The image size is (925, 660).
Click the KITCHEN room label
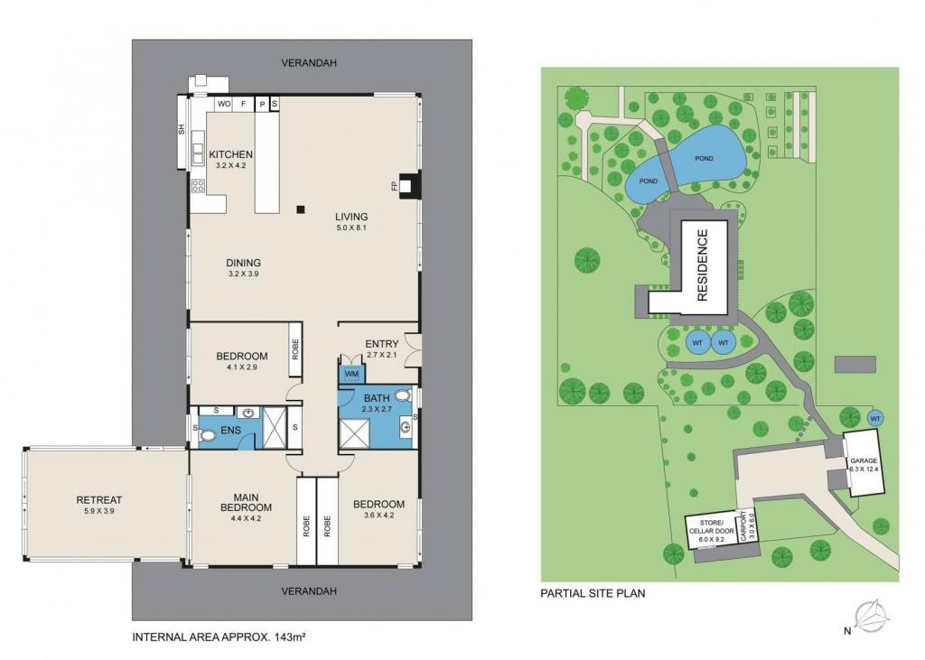point(230,154)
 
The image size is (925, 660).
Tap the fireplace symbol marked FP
point(409,185)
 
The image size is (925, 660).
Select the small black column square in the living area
point(301,209)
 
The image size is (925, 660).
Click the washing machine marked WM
point(351,374)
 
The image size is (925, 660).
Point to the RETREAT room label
point(99,500)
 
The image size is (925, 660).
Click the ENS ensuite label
point(230,430)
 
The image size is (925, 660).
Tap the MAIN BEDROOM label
point(246,502)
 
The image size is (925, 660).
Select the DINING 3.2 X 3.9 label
point(244,268)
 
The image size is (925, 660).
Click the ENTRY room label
point(382,344)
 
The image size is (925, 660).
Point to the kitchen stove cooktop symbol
point(198,186)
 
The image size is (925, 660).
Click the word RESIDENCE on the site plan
point(703,265)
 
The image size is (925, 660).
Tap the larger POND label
point(704,158)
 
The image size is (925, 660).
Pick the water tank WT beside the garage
point(875,418)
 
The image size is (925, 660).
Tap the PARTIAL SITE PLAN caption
point(593,593)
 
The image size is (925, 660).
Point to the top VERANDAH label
point(309,62)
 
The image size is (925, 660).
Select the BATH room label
point(377,398)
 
